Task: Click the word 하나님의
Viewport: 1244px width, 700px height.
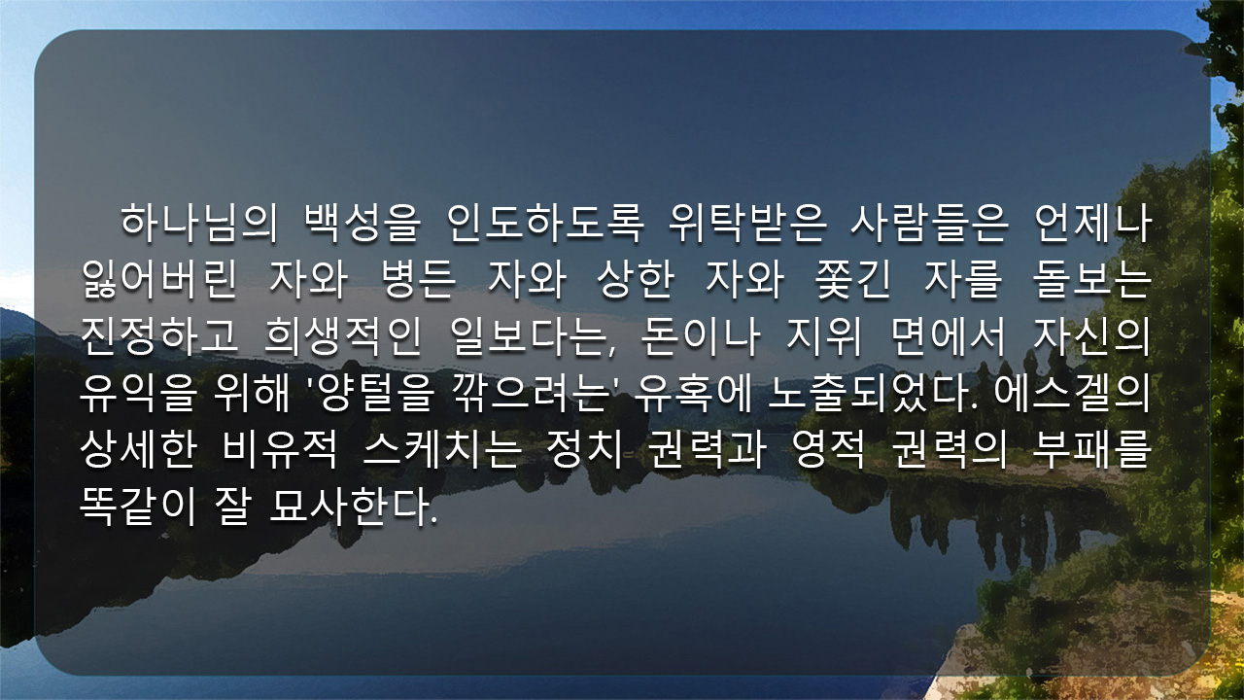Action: click(199, 224)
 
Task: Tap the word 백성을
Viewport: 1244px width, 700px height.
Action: click(363, 224)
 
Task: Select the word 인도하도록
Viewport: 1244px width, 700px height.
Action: click(545, 224)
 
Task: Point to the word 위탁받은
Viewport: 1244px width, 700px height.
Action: click(747, 224)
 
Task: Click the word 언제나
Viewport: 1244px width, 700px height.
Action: click(1093, 224)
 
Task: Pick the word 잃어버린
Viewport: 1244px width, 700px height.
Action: click(159, 279)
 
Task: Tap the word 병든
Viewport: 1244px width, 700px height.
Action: click(419, 279)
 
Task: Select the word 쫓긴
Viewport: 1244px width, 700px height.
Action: click(854, 279)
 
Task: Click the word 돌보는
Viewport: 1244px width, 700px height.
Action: click(1092, 279)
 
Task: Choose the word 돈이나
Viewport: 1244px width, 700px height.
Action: click(700, 335)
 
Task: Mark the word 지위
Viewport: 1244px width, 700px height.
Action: click(824, 335)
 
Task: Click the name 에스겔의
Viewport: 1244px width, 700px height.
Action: click(1073, 394)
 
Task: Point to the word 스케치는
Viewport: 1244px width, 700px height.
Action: click(442, 449)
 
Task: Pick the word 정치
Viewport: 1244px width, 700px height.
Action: click(584, 449)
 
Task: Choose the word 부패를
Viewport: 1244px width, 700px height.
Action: click(1092, 449)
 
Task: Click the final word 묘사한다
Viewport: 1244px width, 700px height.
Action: click(353, 506)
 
